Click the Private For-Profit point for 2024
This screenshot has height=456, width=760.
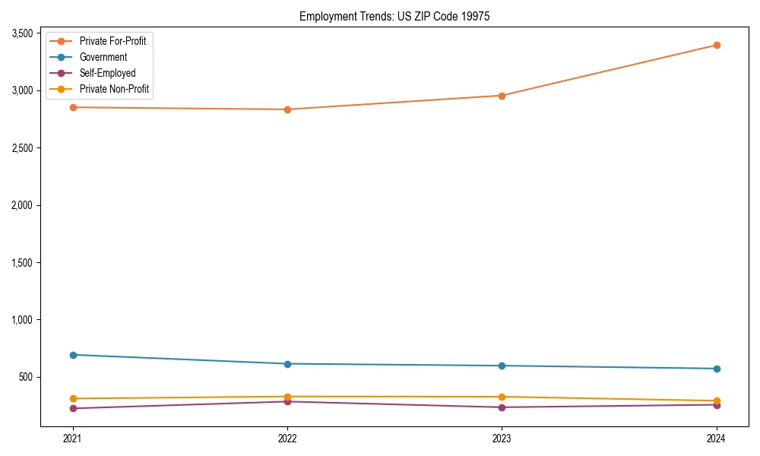(x=717, y=45)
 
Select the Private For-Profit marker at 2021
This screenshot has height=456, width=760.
(x=73, y=107)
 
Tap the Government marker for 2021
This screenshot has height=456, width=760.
(x=73, y=355)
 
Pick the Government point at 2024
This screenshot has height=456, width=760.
(x=717, y=369)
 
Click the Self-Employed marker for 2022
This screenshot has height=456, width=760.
(x=287, y=401)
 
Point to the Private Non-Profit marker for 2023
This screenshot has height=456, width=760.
(x=502, y=397)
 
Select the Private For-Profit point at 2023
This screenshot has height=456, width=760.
(x=502, y=96)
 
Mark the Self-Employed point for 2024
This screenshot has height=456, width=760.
(x=717, y=405)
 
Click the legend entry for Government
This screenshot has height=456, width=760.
(x=103, y=57)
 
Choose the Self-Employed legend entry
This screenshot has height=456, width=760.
(x=107, y=73)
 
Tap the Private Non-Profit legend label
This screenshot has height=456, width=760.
(x=114, y=89)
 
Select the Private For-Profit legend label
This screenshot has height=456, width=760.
(x=112, y=41)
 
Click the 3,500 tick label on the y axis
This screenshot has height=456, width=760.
(x=22, y=33)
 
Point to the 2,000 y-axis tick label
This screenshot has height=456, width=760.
(x=22, y=205)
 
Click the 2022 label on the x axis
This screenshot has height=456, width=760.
(x=287, y=439)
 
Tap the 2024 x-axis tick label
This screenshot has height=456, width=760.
(x=717, y=439)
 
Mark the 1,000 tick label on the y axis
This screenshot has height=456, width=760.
(x=22, y=320)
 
